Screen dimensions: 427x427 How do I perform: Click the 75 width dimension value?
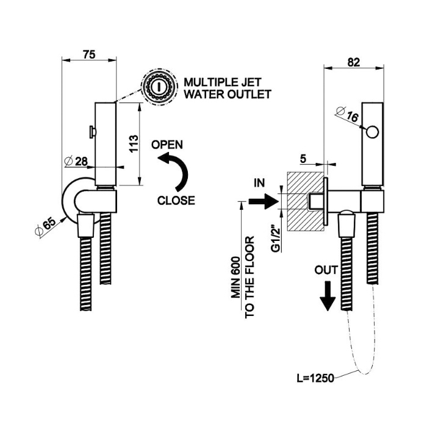(x=89, y=54)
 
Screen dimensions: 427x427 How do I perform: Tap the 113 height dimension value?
(x=135, y=145)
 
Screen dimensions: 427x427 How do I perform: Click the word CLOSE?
(x=176, y=199)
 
